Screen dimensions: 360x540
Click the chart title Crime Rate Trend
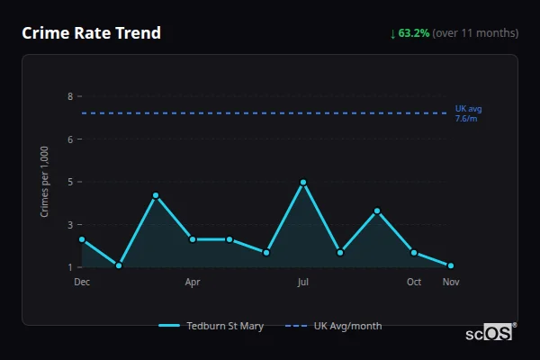point(91,33)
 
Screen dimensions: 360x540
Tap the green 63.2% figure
point(414,33)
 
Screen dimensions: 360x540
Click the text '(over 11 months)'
point(475,33)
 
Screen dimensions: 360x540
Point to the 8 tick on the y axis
point(70,96)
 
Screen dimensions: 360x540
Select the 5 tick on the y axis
point(70,182)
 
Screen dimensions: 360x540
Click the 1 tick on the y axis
point(70,267)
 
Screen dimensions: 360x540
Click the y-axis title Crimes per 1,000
point(45,182)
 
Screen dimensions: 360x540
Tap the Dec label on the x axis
point(82,282)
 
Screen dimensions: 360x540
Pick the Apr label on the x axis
point(193,282)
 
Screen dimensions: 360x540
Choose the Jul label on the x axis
point(303,282)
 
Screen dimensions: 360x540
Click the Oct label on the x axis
point(414,282)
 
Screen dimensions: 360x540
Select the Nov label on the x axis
point(451,282)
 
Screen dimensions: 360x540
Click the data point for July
point(303,182)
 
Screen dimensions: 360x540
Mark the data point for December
point(82,239)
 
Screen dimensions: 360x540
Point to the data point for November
point(451,265)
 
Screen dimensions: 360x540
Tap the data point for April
point(193,239)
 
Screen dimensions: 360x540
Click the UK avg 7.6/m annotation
point(468,113)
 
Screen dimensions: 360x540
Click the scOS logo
point(490,332)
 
